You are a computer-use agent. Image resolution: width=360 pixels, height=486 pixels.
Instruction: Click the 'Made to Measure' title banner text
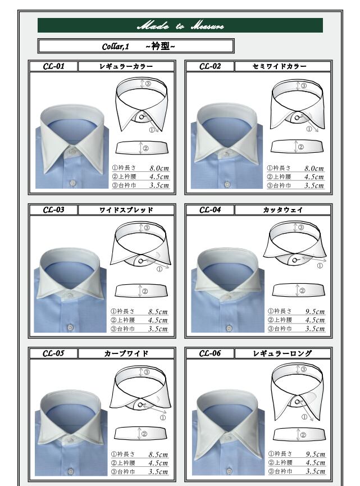(x=180, y=25)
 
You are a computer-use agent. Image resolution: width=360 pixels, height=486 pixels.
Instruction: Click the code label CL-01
(x=53, y=66)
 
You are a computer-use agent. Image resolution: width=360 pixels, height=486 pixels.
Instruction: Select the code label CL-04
(x=210, y=210)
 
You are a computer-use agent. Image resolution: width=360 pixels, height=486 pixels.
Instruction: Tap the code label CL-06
(x=209, y=353)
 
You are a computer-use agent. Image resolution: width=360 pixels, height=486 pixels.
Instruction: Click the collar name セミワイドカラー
(x=280, y=66)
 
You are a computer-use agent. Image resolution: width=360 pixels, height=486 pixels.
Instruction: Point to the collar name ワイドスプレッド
(x=126, y=210)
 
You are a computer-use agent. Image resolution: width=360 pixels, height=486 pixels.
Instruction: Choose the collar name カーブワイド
(x=126, y=353)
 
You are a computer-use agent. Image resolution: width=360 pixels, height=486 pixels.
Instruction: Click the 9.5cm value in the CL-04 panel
(x=315, y=311)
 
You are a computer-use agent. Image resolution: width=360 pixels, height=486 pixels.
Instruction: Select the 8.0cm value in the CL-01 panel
(x=160, y=169)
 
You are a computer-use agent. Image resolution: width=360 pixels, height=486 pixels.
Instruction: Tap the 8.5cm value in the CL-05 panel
(x=158, y=455)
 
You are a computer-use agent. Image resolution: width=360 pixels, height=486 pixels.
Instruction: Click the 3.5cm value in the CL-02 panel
(x=314, y=185)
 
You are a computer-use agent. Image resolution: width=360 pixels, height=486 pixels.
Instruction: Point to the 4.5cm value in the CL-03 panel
(x=158, y=320)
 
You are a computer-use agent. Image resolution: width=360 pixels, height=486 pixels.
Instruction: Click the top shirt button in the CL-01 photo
(x=73, y=151)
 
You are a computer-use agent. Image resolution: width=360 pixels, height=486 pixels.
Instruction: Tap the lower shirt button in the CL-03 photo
(x=70, y=327)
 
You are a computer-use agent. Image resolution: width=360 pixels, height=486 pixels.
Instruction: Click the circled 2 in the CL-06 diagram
(x=303, y=435)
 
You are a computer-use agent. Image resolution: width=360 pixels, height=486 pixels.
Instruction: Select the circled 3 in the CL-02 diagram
(x=304, y=85)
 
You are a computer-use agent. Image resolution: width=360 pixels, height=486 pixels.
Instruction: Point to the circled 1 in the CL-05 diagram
(x=163, y=418)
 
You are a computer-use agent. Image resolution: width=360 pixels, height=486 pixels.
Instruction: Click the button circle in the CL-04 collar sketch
(x=294, y=260)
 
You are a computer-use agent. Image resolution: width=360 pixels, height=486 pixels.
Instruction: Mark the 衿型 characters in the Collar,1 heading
(x=161, y=46)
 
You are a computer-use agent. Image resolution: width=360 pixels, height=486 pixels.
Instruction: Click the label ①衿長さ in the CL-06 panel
(x=280, y=454)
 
